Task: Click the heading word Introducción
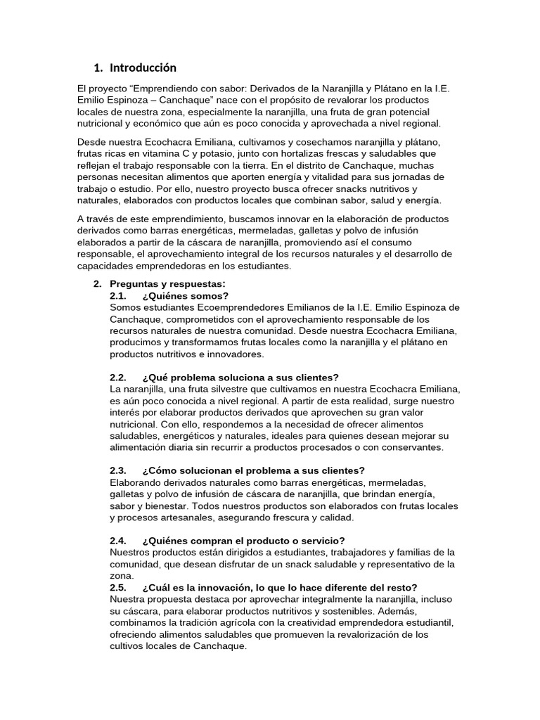click(143, 68)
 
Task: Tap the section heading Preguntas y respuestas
click(168, 283)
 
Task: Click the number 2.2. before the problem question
click(118, 377)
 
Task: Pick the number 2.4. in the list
click(118, 541)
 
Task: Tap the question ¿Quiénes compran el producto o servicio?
click(243, 541)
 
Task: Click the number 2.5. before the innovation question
click(118, 587)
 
